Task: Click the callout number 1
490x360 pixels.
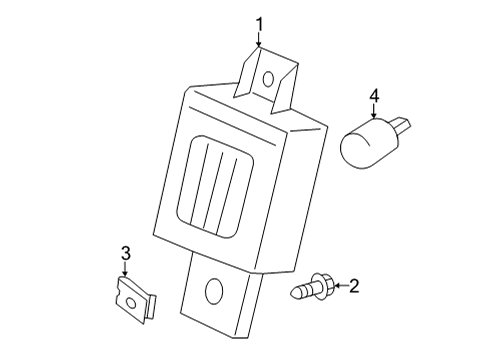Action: (x=259, y=24)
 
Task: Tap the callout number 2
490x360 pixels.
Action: (x=352, y=286)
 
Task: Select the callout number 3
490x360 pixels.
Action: (x=125, y=254)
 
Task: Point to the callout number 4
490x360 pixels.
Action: (x=374, y=96)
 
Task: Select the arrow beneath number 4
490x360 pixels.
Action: (x=374, y=112)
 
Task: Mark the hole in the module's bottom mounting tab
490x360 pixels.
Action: (x=212, y=293)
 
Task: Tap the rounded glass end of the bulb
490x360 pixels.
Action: (x=360, y=148)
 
